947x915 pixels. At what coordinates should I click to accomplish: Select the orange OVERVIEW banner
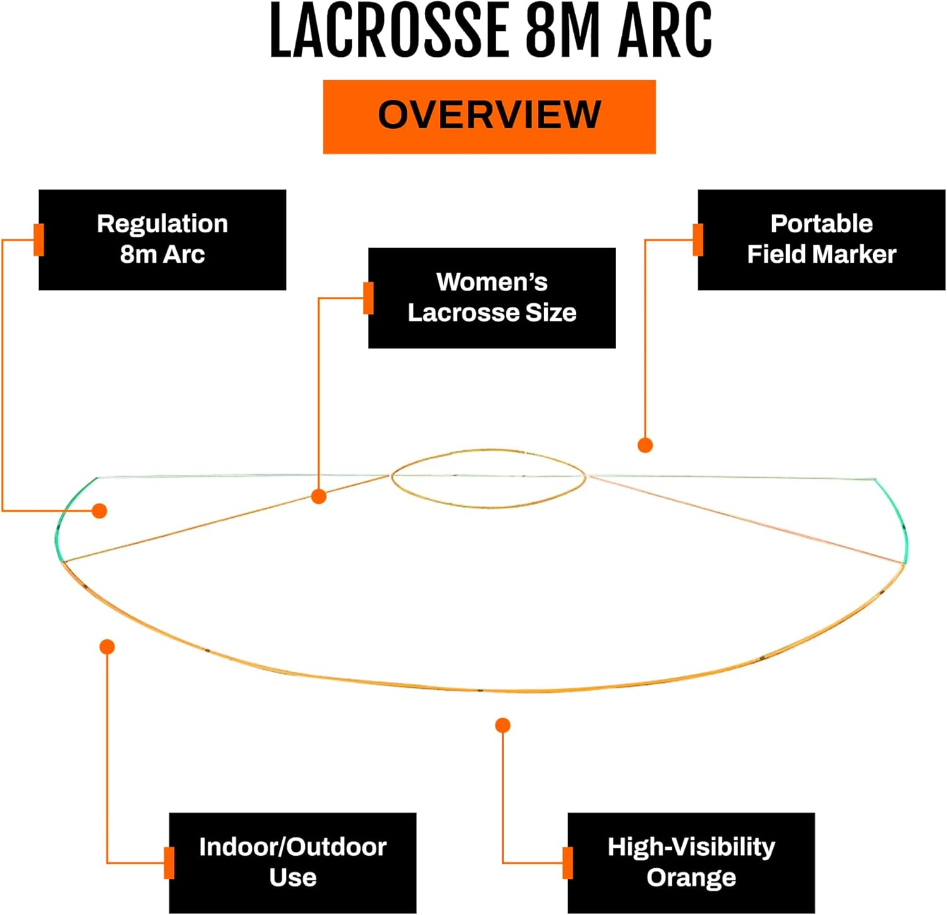[489, 116]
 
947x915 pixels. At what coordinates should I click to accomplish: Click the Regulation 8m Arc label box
[162, 239]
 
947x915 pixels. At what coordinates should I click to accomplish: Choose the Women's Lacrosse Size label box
[492, 297]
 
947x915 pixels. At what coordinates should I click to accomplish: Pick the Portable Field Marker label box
[821, 239]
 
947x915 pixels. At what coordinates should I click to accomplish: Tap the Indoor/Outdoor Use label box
[292, 862]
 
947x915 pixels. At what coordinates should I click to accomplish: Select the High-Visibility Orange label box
[691, 862]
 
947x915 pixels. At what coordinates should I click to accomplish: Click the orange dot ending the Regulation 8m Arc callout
[99, 510]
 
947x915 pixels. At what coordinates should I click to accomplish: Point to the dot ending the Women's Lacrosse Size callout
[319, 496]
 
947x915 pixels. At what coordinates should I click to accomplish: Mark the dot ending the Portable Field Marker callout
[645, 445]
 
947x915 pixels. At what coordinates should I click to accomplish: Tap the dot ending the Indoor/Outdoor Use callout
[107, 647]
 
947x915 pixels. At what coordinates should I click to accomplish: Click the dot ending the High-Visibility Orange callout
[503, 725]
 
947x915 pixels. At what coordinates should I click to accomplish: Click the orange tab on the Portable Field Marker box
[698, 240]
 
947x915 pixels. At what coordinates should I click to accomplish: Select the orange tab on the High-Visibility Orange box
[568, 863]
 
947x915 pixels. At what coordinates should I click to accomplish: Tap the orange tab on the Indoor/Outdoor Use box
[169, 863]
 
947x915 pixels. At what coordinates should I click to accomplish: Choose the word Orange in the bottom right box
[691, 877]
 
